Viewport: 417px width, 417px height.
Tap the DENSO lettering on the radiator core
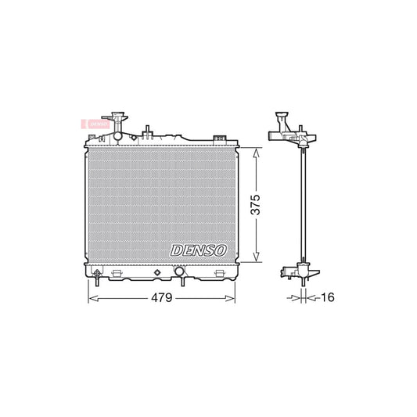(197, 250)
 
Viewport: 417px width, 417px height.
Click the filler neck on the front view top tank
(117, 125)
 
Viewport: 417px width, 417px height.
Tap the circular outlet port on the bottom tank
(179, 273)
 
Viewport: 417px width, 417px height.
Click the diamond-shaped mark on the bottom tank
(157, 273)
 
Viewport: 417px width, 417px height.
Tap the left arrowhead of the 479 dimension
(89, 299)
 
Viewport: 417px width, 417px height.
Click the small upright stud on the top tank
(146, 130)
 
